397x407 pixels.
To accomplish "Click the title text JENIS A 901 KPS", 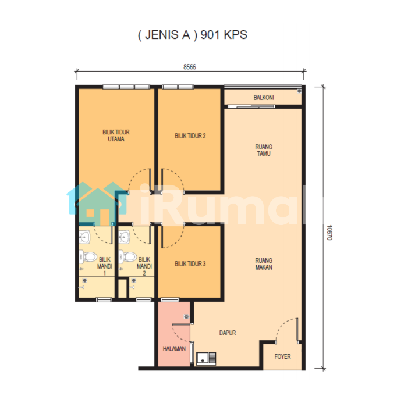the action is [193, 35].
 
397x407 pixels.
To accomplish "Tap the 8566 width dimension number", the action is [190, 67].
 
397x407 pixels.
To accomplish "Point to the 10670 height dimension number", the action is [329, 233].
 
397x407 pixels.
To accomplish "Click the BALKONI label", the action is [264, 98].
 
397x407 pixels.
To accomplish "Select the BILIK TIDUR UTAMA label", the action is [116, 135].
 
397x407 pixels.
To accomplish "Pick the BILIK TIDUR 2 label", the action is [190, 135].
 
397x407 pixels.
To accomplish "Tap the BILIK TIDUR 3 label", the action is [190, 264].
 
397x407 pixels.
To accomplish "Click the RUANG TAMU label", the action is [264, 150].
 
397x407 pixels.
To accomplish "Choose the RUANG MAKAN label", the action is [264, 264].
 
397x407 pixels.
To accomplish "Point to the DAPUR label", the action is [228, 333].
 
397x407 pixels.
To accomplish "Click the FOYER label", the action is [283, 356].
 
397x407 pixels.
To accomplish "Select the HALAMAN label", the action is [174, 349].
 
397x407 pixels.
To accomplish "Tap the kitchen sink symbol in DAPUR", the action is [206, 359].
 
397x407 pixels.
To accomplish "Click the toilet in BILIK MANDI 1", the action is [88, 257].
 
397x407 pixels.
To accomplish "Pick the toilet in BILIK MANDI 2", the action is [127, 257].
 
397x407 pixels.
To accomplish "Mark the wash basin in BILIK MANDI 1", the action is [85, 237].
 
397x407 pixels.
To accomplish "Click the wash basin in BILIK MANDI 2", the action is [124, 237].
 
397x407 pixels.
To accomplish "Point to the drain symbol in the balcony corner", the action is [299, 91].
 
